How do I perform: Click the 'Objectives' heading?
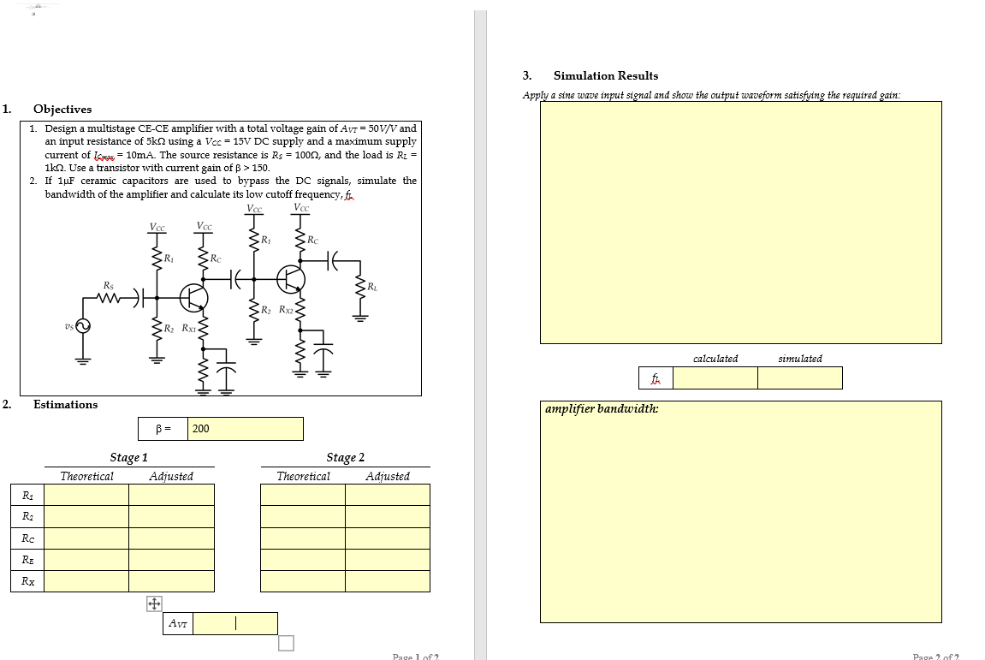coord(62,110)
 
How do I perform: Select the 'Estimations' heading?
coord(65,405)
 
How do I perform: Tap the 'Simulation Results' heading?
coord(606,76)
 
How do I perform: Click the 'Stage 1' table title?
coord(128,458)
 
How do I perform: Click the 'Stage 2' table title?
coord(345,458)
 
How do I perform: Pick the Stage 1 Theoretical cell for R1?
coord(86,495)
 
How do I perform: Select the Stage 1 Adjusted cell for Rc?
coord(171,538)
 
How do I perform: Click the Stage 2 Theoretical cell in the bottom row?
coord(303,581)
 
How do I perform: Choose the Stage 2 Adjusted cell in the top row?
coord(388,495)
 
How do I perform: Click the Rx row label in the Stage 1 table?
coord(27,581)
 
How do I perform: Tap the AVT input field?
coord(234,623)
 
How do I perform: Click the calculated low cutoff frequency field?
coord(715,378)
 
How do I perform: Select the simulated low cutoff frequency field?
coord(799,378)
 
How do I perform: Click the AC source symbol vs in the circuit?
coord(84,326)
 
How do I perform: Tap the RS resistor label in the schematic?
coord(108,285)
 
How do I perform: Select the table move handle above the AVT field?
coord(154,604)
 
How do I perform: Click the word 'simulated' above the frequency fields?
coord(800,359)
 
